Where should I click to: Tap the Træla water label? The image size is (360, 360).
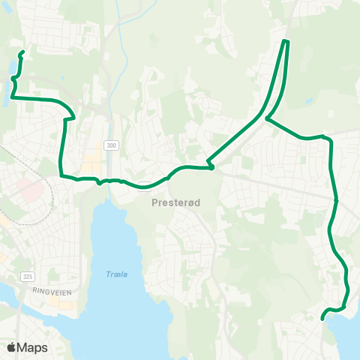116,274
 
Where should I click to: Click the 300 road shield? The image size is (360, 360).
112,145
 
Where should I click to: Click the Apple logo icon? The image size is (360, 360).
11,347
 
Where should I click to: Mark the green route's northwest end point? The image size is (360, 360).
23,52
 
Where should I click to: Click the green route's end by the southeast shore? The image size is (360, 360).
323,318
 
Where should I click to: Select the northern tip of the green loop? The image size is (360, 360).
286,40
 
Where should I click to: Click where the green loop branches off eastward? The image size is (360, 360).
267,118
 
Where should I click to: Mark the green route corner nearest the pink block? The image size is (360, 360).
61,175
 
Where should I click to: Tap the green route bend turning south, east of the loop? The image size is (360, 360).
329,138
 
